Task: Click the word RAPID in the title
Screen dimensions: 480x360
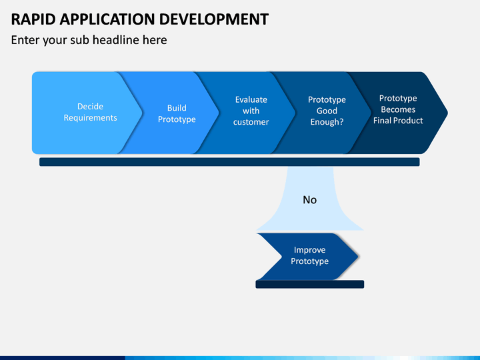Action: click(x=33, y=19)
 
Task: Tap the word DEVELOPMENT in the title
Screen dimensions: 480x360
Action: click(x=214, y=19)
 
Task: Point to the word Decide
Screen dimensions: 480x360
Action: click(x=90, y=107)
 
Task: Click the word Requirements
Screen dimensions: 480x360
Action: click(x=90, y=118)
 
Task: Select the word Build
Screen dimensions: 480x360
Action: click(x=177, y=108)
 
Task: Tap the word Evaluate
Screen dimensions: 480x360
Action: click(x=251, y=99)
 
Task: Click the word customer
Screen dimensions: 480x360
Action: click(x=251, y=122)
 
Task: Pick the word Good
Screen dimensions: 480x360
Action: click(x=327, y=111)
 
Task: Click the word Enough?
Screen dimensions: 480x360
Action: click(x=327, y=122)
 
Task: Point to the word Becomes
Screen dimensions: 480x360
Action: click(x=398, y=109)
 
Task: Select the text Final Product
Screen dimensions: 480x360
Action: click(x=398, y=121)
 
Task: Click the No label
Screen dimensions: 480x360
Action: click(x=309, y=200)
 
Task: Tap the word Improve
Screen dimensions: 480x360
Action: click(x=309, y=250)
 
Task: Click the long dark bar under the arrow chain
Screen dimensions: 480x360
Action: click(x=229, y=162)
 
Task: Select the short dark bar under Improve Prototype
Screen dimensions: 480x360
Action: click(x=310, y=284)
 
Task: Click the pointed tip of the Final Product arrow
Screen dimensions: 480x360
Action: click(x=447, y=113)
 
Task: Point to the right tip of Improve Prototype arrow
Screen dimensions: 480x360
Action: click(x=358, y=257)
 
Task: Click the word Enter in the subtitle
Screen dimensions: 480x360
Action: click(x=25, y=40)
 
